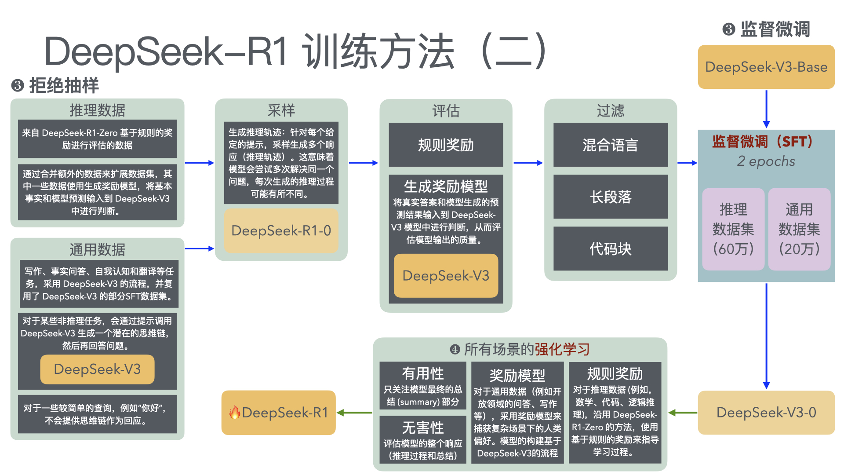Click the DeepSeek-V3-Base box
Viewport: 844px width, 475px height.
766,67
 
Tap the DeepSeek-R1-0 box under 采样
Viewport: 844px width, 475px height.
281,230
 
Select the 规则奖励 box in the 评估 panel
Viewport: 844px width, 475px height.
446,145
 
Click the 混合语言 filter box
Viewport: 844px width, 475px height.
610,145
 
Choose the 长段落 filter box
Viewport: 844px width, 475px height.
610,197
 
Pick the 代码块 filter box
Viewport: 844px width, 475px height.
610,248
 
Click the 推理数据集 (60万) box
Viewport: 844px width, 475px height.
733,229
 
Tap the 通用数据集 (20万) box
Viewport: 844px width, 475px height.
799,229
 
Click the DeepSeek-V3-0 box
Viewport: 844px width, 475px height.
766,413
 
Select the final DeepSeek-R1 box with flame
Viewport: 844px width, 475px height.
279,413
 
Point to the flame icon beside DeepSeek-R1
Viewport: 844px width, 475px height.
235,412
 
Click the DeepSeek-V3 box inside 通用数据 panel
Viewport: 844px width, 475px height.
97,369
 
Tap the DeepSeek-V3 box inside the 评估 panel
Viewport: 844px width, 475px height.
446,276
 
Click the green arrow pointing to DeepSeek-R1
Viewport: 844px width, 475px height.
354,413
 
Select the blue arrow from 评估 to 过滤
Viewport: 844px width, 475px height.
528,163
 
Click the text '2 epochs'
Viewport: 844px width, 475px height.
766,161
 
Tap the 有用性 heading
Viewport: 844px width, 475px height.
422,373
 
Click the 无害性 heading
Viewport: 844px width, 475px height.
422,427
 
